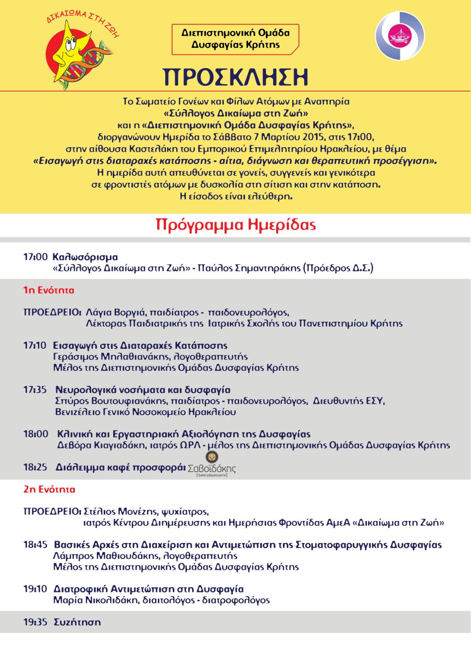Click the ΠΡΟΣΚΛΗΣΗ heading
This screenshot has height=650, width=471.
coord(235,76)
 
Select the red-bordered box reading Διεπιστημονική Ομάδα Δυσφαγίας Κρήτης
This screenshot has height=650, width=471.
coord(235,39)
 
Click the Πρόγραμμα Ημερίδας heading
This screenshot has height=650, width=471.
coord(235,225)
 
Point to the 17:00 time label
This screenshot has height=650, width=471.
coord(35,257)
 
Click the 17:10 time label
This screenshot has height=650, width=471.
coord(35,346)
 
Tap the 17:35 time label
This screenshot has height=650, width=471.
coord(35,390)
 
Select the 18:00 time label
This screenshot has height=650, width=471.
coord(36,434)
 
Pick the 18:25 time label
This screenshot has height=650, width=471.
coord(36,467)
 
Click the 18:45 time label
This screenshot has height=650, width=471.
coord(35,545)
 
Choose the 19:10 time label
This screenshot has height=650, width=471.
coord(35,589)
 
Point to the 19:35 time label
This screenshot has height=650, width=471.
coord(35,622)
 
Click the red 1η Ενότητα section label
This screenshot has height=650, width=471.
coord(49,290)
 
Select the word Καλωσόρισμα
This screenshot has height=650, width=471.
coord(85,257)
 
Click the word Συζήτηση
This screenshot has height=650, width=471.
coord(77,622)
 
